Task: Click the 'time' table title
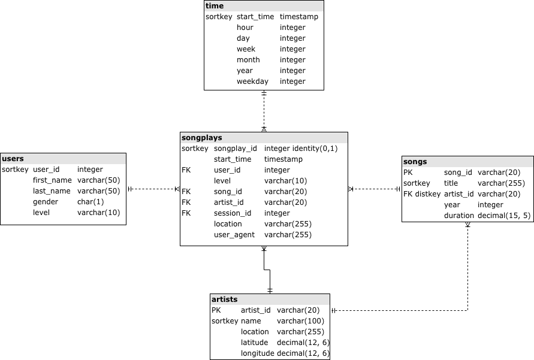pyautogui.click(x=215, y=6)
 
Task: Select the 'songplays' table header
pyautogui.click(x=202, y=138)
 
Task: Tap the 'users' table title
pyautogui.click(x=13, y=159)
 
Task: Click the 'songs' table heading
pyautogui.click(x=415, y=162)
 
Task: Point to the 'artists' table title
pyautogui.click(x=225, y=300)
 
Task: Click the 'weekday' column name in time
pyautogui.click(x=252, y=81)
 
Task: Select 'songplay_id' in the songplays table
pyautogui.click(x=236, y=149)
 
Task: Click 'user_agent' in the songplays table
pyautogui.click(x=234, y=235)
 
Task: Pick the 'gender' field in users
pyautogui.click(x=46, y=202)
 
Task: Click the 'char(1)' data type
pyautogui.click(x=90, y=202)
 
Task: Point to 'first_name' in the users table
pyautogui.click(x=52, y=180)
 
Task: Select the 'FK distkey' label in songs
pyautogui.click(x=422, y=194)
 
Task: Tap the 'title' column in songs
pyautogui.click(x=451, y=183)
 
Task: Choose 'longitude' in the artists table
pyautogui.click(x=258, y=353)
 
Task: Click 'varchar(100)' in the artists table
pyautogui.click(x=300, y=321)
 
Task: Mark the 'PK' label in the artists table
pyautogui.click(x=216, y=310)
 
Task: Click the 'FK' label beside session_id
pyautogui.click(x=186, y=213)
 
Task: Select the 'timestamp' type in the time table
pyautogui.click(x=299, y=17)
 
